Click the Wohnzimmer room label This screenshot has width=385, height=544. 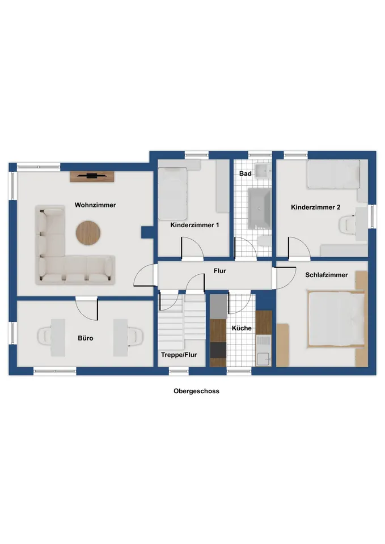(x=95, y=205)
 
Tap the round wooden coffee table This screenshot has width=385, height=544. (x=88, y=232)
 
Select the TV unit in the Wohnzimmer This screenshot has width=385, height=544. (x=92, y=176)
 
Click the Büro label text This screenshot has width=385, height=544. (x=86, y=338)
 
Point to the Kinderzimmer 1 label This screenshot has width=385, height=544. (x=194, y=225)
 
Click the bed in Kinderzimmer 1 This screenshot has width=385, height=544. (x=172, y=194)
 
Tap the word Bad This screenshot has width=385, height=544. (x=245, y=173)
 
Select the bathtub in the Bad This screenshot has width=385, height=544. (x=259, y=209)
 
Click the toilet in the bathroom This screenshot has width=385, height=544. (x=265, y=241)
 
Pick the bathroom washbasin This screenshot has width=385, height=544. (x=263, y=171)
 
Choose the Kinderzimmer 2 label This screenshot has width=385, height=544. (x=315, y=207)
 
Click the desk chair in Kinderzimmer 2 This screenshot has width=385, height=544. (x=347, y=224)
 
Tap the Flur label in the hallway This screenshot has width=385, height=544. (x=220, y=271)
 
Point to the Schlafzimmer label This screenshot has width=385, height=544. (x=327, y=275)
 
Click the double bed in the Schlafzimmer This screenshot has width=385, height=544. (x=336, y=319)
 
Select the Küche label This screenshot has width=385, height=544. (x=242, y=328)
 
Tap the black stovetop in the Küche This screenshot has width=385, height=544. (x=218, y=350)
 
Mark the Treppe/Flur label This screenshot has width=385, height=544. (x=179, y=355)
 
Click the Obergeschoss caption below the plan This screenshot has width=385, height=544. (x=197, y=391)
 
